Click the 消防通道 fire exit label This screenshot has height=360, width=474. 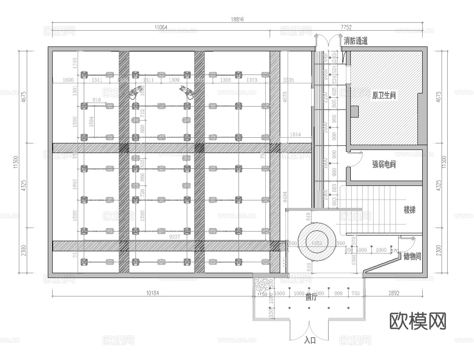point(355,41)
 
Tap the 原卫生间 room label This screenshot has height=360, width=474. point(384,95)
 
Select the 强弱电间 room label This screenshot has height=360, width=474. point(384,164)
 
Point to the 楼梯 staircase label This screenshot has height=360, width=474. point(410,210)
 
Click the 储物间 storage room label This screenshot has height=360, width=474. point(412,257)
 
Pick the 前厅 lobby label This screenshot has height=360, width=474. point(311,297)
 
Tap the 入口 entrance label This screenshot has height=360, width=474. point(310,340)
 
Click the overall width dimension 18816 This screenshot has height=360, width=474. point(237,19)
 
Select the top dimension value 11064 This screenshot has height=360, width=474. point(161,27)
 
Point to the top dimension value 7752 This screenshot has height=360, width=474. point(346,27)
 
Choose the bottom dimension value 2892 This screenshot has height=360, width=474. point(394,293)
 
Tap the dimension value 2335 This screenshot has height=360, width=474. point(289,80)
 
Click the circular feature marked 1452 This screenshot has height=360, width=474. point(317,242)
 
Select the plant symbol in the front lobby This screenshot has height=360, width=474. point(262,285)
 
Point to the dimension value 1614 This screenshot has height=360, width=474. point(295,135)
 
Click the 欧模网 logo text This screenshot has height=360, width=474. point(418,321)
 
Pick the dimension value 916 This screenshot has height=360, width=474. point(97,100)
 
